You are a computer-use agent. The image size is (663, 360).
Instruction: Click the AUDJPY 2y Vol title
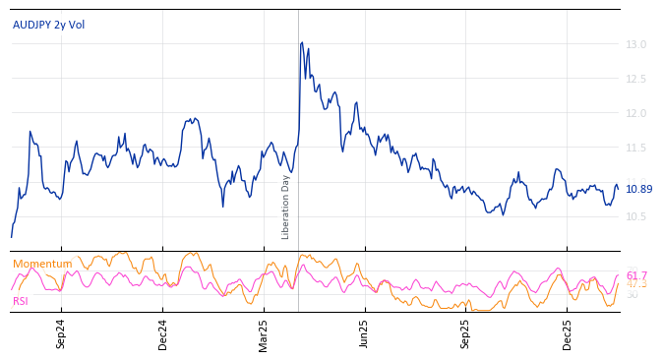tap(48, 25)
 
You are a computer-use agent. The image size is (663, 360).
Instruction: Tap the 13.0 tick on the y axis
tap(635, 44)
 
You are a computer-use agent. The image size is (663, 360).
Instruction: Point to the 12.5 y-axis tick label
tap(635, 79)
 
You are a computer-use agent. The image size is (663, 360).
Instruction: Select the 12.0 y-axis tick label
tap(635, 113)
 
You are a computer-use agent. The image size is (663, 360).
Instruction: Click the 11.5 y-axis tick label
tap(635, 148)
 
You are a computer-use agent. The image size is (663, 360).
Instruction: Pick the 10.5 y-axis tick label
tap(635, 216)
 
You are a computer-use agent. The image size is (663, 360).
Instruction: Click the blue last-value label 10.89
tap(638, 189)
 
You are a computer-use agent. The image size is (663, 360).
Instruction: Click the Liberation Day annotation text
tap(286, 207)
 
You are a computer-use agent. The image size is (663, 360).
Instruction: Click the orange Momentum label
tap(42, 264)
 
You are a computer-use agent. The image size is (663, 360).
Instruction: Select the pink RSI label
tap(21, 301)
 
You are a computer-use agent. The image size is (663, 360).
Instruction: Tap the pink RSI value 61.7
tap(636, 275)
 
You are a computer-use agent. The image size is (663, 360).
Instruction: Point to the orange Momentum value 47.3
tap(636, 284)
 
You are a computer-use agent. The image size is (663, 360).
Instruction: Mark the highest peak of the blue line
tap(301, 42)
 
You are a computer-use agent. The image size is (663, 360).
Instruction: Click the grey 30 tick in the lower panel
tap(633, 294)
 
